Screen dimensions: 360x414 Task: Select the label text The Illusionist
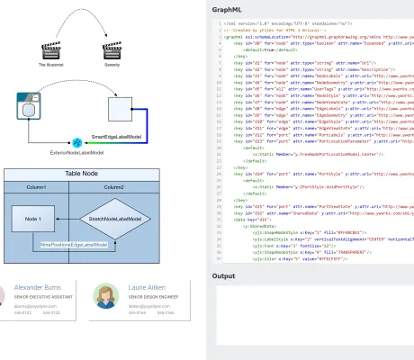tap(56, 66)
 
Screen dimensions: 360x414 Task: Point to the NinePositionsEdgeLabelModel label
tap(76, 244)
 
